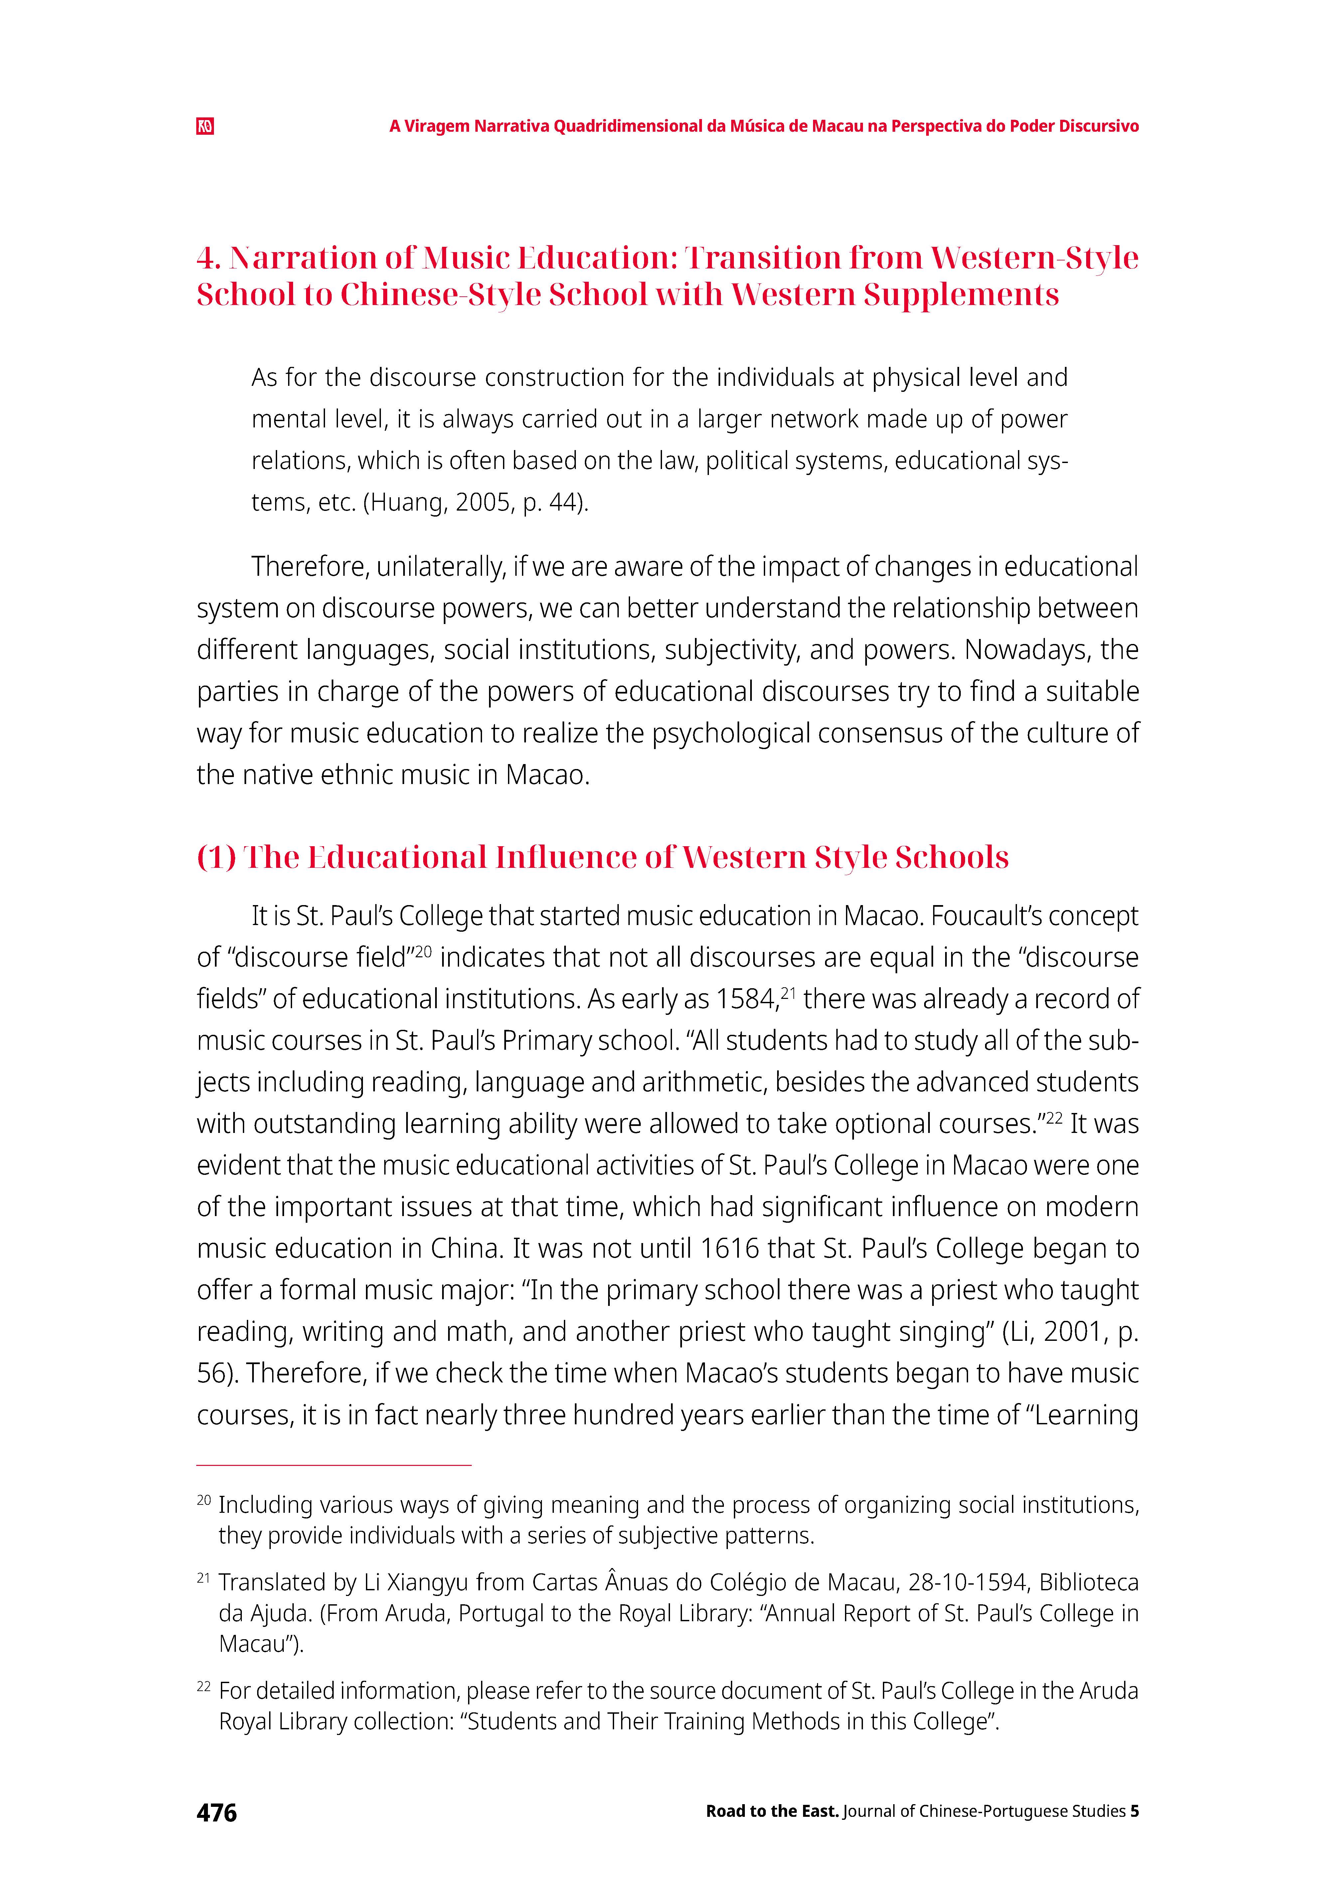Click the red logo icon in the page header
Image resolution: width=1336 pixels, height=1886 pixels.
coord(205,127)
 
